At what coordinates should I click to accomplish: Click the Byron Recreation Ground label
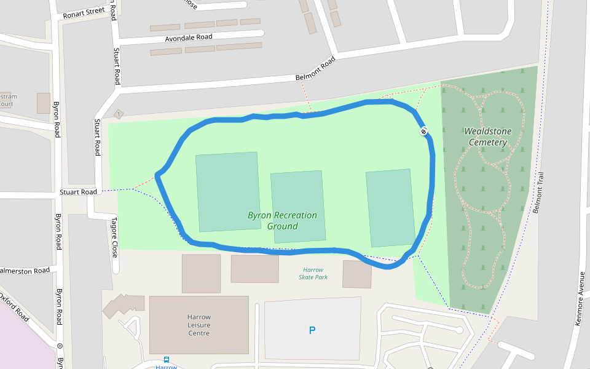(x=282, y=221)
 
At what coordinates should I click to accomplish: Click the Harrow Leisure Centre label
(x=199, y=325)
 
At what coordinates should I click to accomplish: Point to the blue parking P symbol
(x=312, y=331)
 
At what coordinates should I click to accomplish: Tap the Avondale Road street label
(x=188, y=38)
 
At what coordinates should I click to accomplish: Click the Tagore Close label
(x=114, y=237)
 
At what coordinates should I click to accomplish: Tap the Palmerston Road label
(x=25, y=271)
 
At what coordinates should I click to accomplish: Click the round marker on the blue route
(x=424, y=131)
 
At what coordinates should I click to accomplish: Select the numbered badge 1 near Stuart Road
(x=119, y=114)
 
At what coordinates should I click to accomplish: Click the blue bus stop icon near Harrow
(x=167, y=359)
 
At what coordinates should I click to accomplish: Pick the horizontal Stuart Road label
(x=78, y=192)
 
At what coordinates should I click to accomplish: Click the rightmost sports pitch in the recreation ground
(x=390, y=208)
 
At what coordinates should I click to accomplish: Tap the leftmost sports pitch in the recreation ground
(x=227, y=191)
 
